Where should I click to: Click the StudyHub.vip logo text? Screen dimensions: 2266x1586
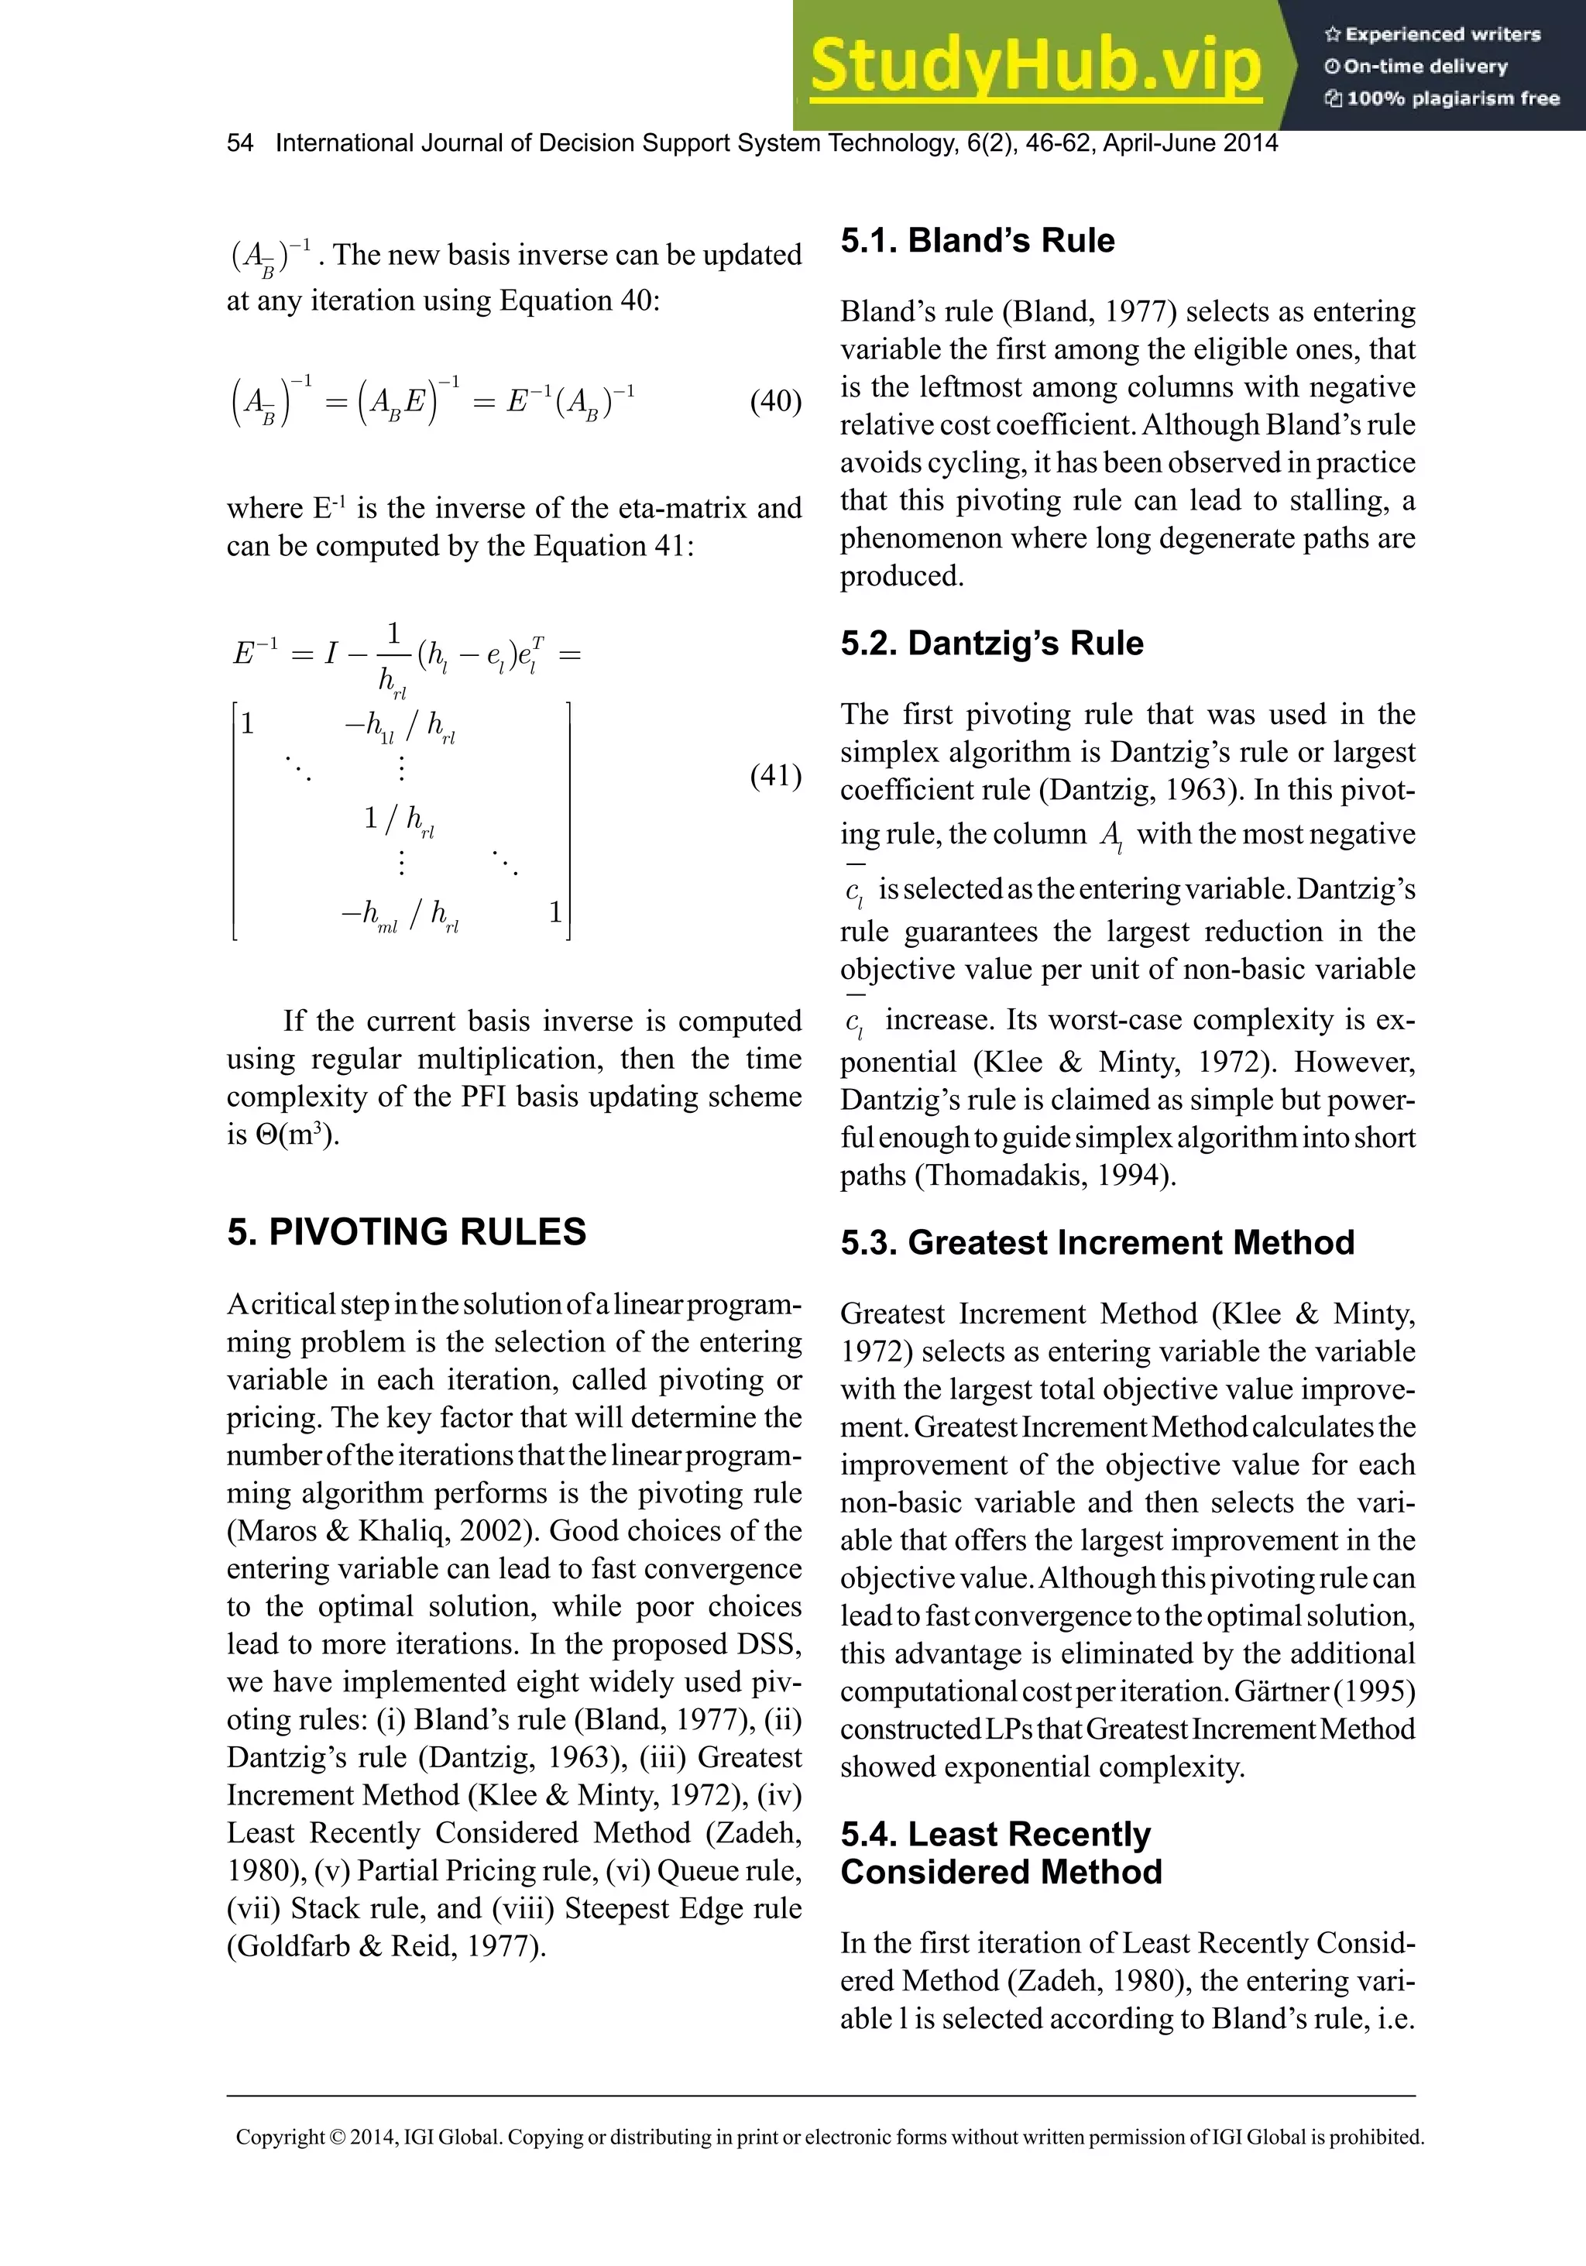click(x=1035, y=66)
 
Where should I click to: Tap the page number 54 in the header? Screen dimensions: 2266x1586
click(x=240, y=143)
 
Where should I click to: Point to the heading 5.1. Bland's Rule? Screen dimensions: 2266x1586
click(x=977, y=240)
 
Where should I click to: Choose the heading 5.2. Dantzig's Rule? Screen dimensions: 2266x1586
click(x=991, y=643)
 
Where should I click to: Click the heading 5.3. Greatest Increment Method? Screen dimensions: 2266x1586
click(x=1097, y=1241)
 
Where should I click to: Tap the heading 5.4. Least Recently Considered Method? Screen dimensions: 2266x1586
click(x=1000, y=1852)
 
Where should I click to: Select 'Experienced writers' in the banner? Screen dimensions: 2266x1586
click(x=1442, y=35)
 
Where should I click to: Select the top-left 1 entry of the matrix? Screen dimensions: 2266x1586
click(x=248, y=723)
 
